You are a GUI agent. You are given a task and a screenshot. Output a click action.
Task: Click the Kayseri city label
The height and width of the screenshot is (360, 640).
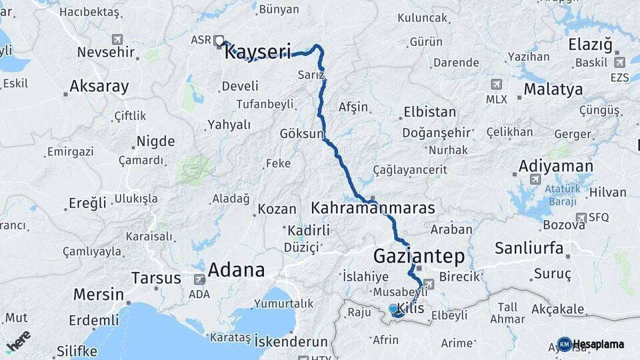(x=257, y=52)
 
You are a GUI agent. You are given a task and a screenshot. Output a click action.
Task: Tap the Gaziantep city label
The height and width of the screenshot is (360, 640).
(x=419, y=256)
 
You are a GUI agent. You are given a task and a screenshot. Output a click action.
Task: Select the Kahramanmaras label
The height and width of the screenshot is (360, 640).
(x=373, y=208)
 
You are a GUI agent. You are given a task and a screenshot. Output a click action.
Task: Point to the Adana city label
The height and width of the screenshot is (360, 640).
(x=236, y=270)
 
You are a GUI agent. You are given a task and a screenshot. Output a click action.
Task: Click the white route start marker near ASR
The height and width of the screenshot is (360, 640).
(x=219, y=41)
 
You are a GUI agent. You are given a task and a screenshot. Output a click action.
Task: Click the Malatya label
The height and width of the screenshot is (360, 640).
(x=553, y=89)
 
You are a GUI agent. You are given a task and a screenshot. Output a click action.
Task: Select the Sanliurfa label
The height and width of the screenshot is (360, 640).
(x=529, y=249)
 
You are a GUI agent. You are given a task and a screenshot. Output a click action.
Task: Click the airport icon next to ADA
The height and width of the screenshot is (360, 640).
(x=199, y=281)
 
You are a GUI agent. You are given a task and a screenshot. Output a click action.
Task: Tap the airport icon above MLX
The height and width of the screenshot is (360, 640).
(x=496, y=85)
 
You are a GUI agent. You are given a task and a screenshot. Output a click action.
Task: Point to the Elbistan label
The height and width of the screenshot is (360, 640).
(x=430, y=112)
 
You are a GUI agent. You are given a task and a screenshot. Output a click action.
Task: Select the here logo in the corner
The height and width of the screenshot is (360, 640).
(x=18, y=341)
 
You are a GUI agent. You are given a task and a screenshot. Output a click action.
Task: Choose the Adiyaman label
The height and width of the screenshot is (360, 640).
(x=555, y=166)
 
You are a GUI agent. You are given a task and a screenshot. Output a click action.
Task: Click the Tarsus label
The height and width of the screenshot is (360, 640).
(x=156, y=277)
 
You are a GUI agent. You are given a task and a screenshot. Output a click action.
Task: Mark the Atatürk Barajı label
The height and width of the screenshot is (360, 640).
(x=544, y=193)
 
